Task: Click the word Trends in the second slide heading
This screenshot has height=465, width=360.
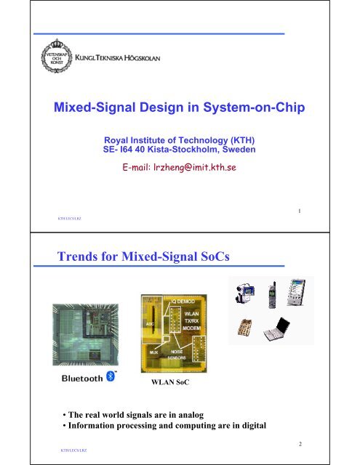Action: point(76,256)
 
